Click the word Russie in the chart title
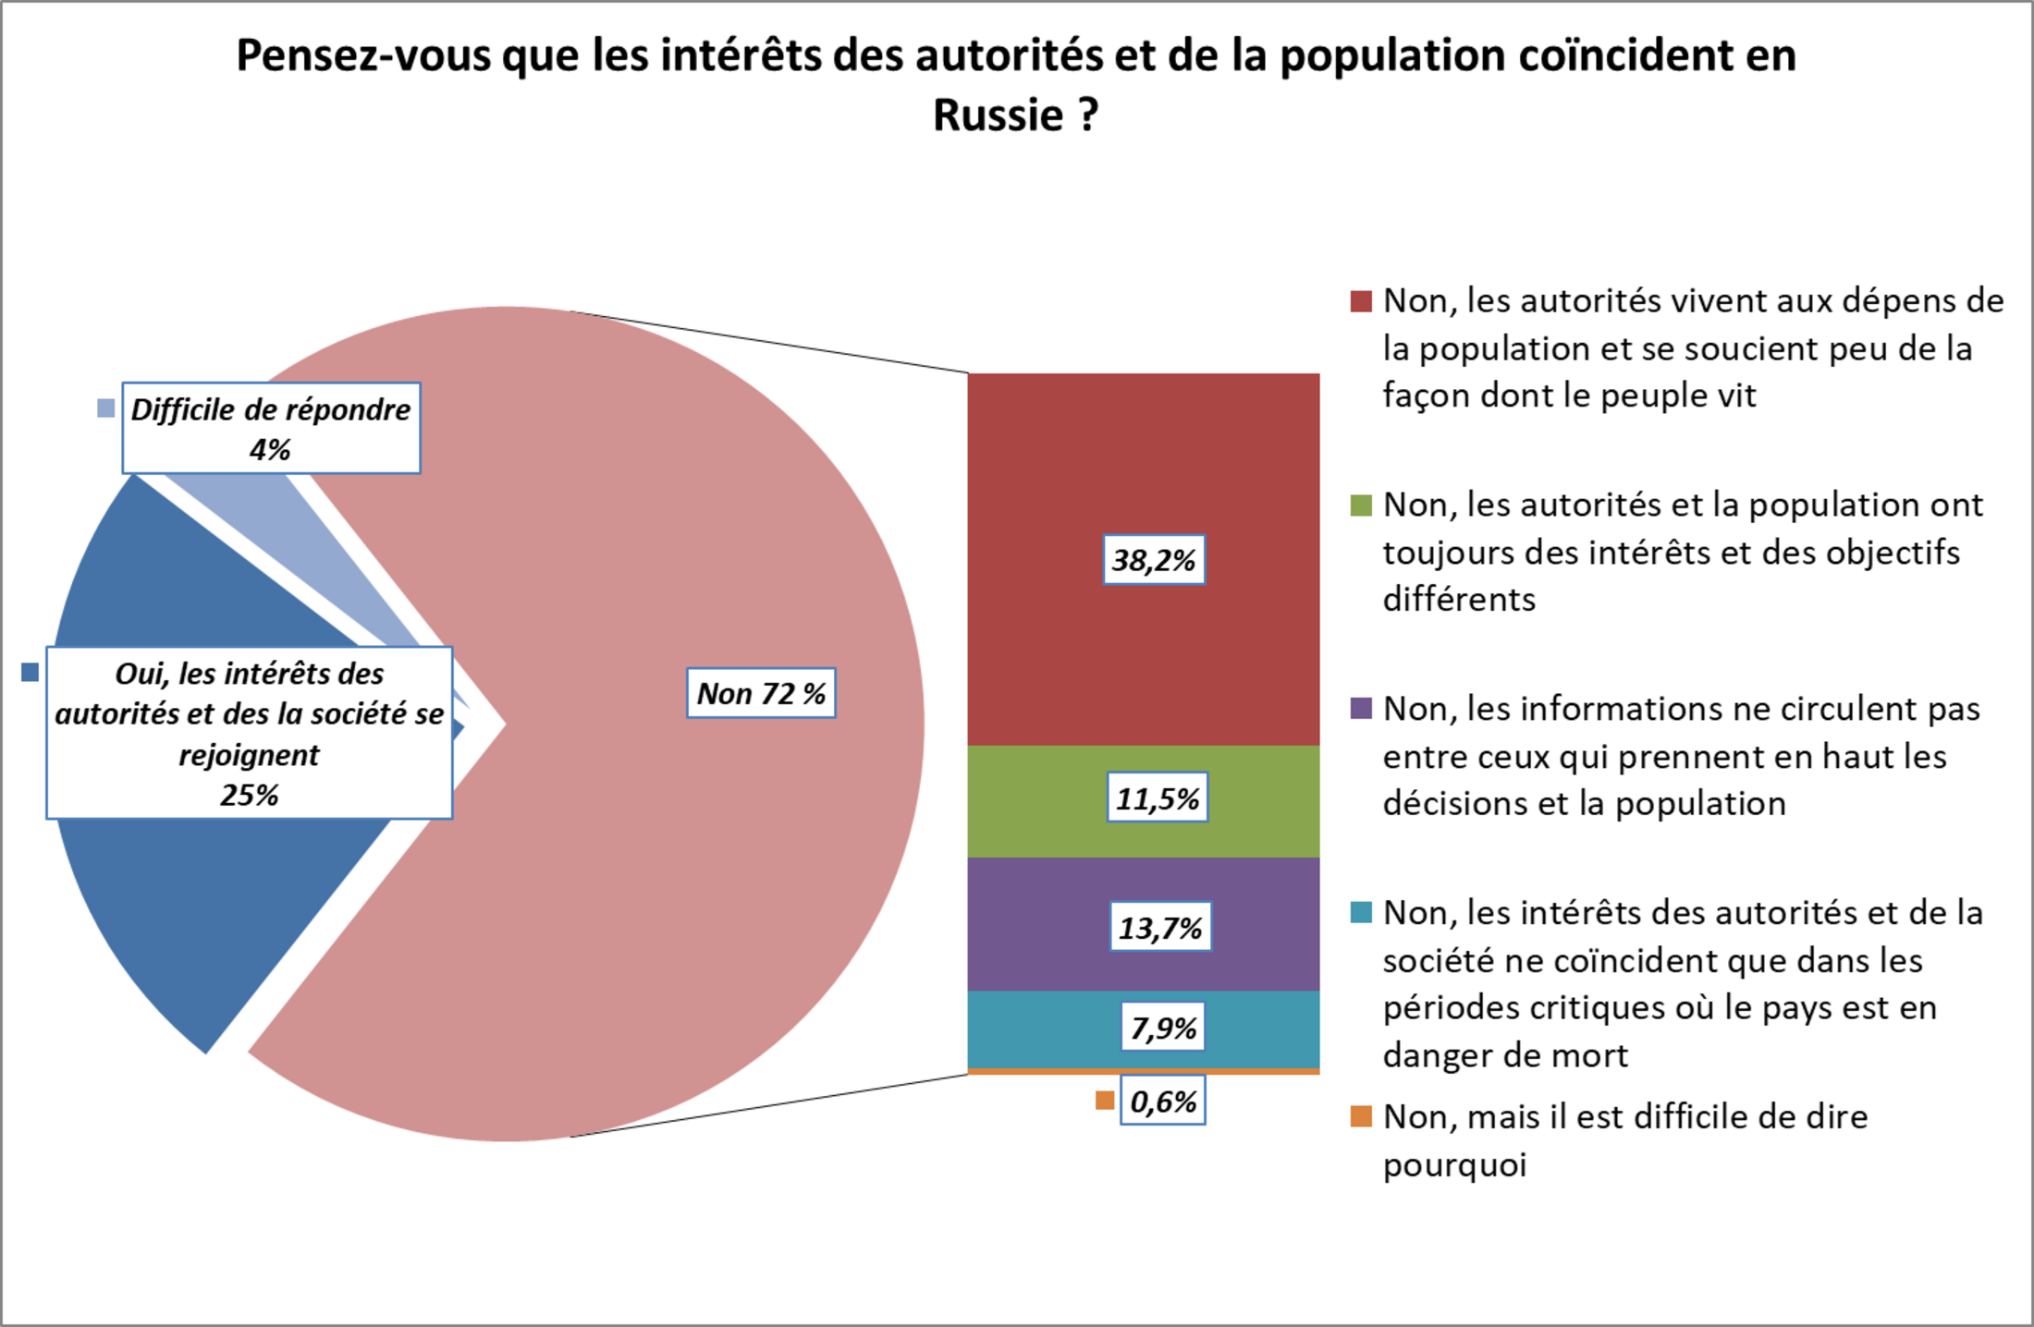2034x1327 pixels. pyautogui.click(x=998, y=116)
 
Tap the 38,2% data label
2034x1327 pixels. pyautogui.click(x=1154, y=560)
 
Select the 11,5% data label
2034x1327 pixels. pyautogui.click(x=1158, y=797)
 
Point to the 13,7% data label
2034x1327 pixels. pyautogui.click(x=1160, y=927)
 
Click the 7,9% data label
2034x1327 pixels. pyautogui.click(x=1163, y=1028)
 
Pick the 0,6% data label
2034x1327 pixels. pyautogui.click(x=1163, y=1101)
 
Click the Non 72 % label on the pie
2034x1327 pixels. pyautogui.click(x=761, y=693)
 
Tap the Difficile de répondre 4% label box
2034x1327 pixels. pyautogui.click(x=271, y=429)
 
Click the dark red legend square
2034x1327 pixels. pyautogui.click(x=1361, y=301)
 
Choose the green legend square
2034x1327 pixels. pyautogui.click(x=1361, y=505)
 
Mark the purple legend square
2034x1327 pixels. pyautogui.click(x=1361, y=709)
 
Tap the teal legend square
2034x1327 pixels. pyautogui.click(x=1361, y=913)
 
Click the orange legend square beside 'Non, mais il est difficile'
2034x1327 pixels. pyautogui.click(x=1361, y=1116)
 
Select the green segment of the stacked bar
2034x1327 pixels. pyautogui.click(x=1035, y=801)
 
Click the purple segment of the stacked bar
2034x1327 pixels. pyautogui.click(x=1035, y=924)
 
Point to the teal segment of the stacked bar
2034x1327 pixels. pyautogui.click(x=1035, y=1029)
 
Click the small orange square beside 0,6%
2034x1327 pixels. pyautogui.click(x=1104, y=1101)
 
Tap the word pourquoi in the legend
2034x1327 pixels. pyautogui.click(x=1454, y=1164)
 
